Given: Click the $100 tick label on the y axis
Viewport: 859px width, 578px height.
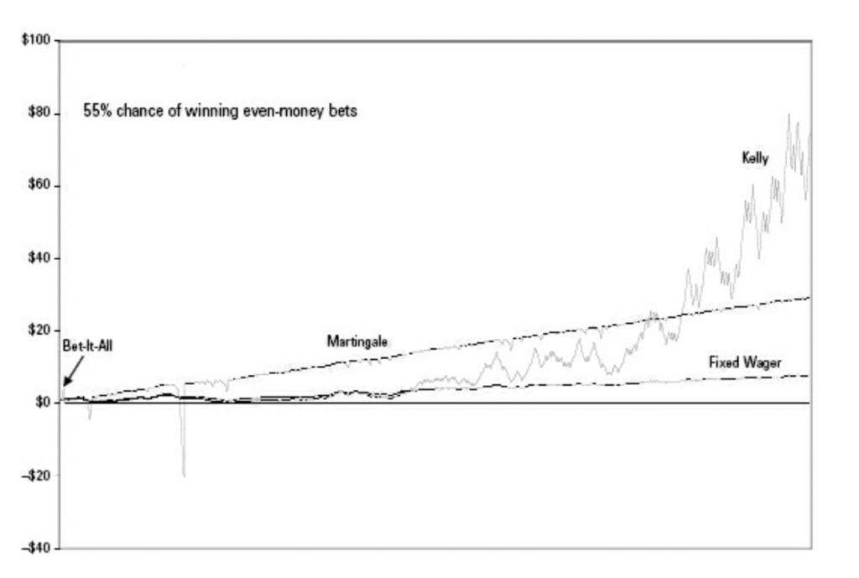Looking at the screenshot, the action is tap(35, 40).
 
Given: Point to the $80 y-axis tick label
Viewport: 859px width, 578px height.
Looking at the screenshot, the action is tap(39, 113).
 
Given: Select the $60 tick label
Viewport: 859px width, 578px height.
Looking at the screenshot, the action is tap(39, 185).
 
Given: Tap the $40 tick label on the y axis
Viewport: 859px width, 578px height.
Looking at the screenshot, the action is tap(39, 258).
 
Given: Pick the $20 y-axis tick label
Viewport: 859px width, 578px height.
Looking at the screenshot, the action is tap(39, 331).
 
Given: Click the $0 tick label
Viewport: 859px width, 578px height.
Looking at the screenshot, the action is tap(43, 403).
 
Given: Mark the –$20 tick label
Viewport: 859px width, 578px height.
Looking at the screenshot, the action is tap(35, 476).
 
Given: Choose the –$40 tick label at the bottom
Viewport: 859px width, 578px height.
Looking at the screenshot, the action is tap(35, 548).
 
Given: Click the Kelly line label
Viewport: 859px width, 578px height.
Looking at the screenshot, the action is tap(755, 159).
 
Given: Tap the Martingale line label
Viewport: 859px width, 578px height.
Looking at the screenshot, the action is tap(357, 341).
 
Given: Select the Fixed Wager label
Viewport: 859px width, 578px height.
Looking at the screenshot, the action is tap(745, 362).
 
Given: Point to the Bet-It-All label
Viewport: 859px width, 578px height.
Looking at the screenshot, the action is tap(87, 346).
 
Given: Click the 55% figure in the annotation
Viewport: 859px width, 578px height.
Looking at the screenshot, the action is tap(97, 111).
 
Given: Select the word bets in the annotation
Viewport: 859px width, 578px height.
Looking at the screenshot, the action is tap(343, 111).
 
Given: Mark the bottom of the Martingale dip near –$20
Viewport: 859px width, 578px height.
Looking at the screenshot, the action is tap(184, 476).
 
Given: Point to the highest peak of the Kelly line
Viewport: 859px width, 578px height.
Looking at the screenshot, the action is tap(789, 114).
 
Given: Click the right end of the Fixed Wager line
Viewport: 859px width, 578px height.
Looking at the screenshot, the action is tap(809, 376).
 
